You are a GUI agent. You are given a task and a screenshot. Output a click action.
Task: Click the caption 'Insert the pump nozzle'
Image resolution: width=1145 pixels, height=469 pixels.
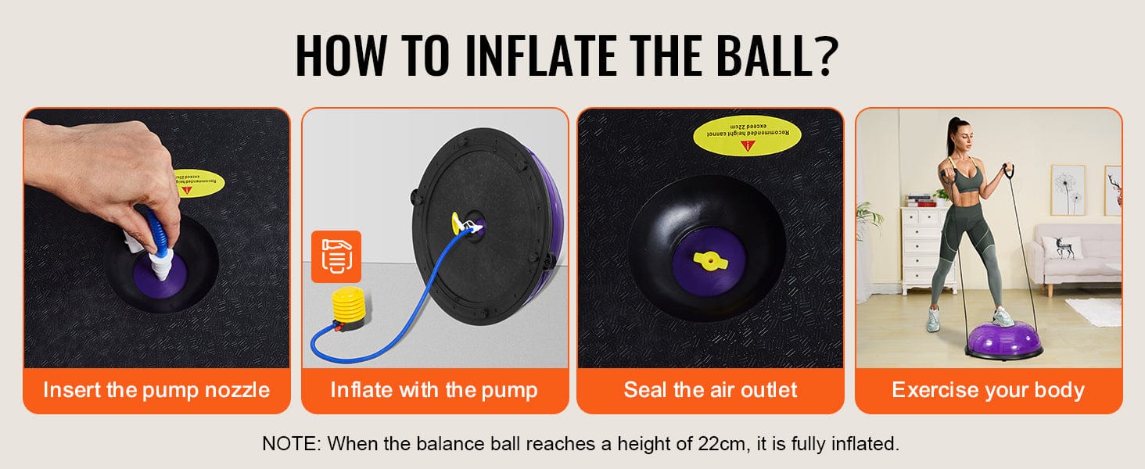click(x=156, y=390)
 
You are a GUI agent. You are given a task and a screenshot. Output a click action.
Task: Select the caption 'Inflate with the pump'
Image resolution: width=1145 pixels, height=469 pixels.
click(x=434, y=390)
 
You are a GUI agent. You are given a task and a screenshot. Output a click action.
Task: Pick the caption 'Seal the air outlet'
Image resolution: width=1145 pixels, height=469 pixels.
click(x=710, y=390)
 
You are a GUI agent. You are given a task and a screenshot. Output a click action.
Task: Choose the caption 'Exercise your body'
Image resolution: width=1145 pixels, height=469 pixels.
click(x=988, y=390)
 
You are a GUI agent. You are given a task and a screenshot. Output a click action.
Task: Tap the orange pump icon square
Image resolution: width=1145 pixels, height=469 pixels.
click(x=336, y=256)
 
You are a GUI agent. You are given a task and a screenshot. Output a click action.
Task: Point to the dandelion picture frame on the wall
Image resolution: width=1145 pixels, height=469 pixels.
click(x=1067, y=190)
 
